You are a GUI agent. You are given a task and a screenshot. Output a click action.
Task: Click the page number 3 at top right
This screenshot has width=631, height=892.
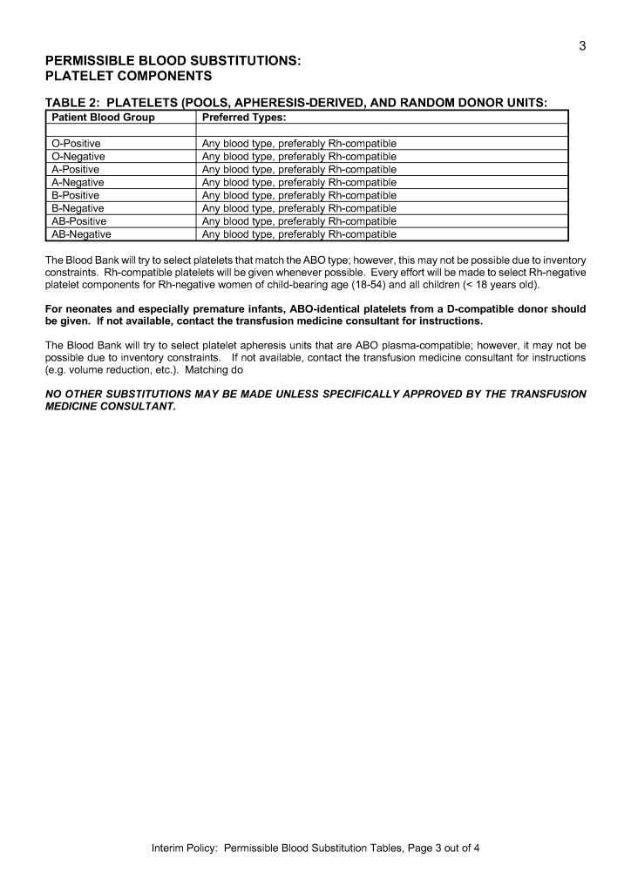coord(582,46)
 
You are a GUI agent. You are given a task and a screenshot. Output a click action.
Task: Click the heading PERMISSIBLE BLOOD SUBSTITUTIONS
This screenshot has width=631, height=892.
coord(173,61)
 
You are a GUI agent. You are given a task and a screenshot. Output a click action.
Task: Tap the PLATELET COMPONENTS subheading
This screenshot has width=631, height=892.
coord(128,77)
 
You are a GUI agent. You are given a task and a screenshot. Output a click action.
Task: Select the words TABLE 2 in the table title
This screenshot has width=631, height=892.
coord(71,103)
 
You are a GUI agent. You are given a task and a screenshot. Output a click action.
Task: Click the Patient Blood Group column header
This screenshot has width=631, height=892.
coord(103,117)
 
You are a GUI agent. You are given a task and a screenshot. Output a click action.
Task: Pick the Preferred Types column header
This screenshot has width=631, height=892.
coord(244,117)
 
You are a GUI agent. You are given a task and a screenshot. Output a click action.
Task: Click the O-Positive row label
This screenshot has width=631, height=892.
coord(76,143)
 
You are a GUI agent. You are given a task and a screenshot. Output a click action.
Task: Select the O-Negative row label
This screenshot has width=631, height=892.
coord(78,156)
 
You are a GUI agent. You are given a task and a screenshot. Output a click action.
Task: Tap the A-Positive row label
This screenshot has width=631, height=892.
coord(76,169)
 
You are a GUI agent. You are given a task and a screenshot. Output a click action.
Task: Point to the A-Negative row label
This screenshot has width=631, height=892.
coord(78,182)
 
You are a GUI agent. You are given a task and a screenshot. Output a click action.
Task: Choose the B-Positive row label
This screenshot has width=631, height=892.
coord(76,195)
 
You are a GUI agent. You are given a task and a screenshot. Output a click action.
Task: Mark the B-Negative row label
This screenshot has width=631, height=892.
coord(78,208)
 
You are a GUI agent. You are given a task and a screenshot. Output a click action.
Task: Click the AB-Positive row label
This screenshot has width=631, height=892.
coord(79,221)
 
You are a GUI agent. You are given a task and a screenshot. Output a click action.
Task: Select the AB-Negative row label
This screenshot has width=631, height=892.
coord(81,234)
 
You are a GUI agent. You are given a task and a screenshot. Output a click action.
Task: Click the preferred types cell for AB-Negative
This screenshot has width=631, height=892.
coord(299,234)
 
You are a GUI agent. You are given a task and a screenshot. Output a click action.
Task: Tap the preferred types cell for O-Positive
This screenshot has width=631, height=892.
coord(299,143)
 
